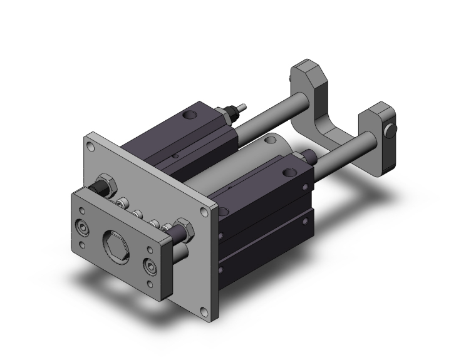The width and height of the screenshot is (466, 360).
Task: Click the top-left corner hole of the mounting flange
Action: point(91,148)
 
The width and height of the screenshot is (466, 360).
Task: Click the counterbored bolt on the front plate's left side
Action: point(81,227)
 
